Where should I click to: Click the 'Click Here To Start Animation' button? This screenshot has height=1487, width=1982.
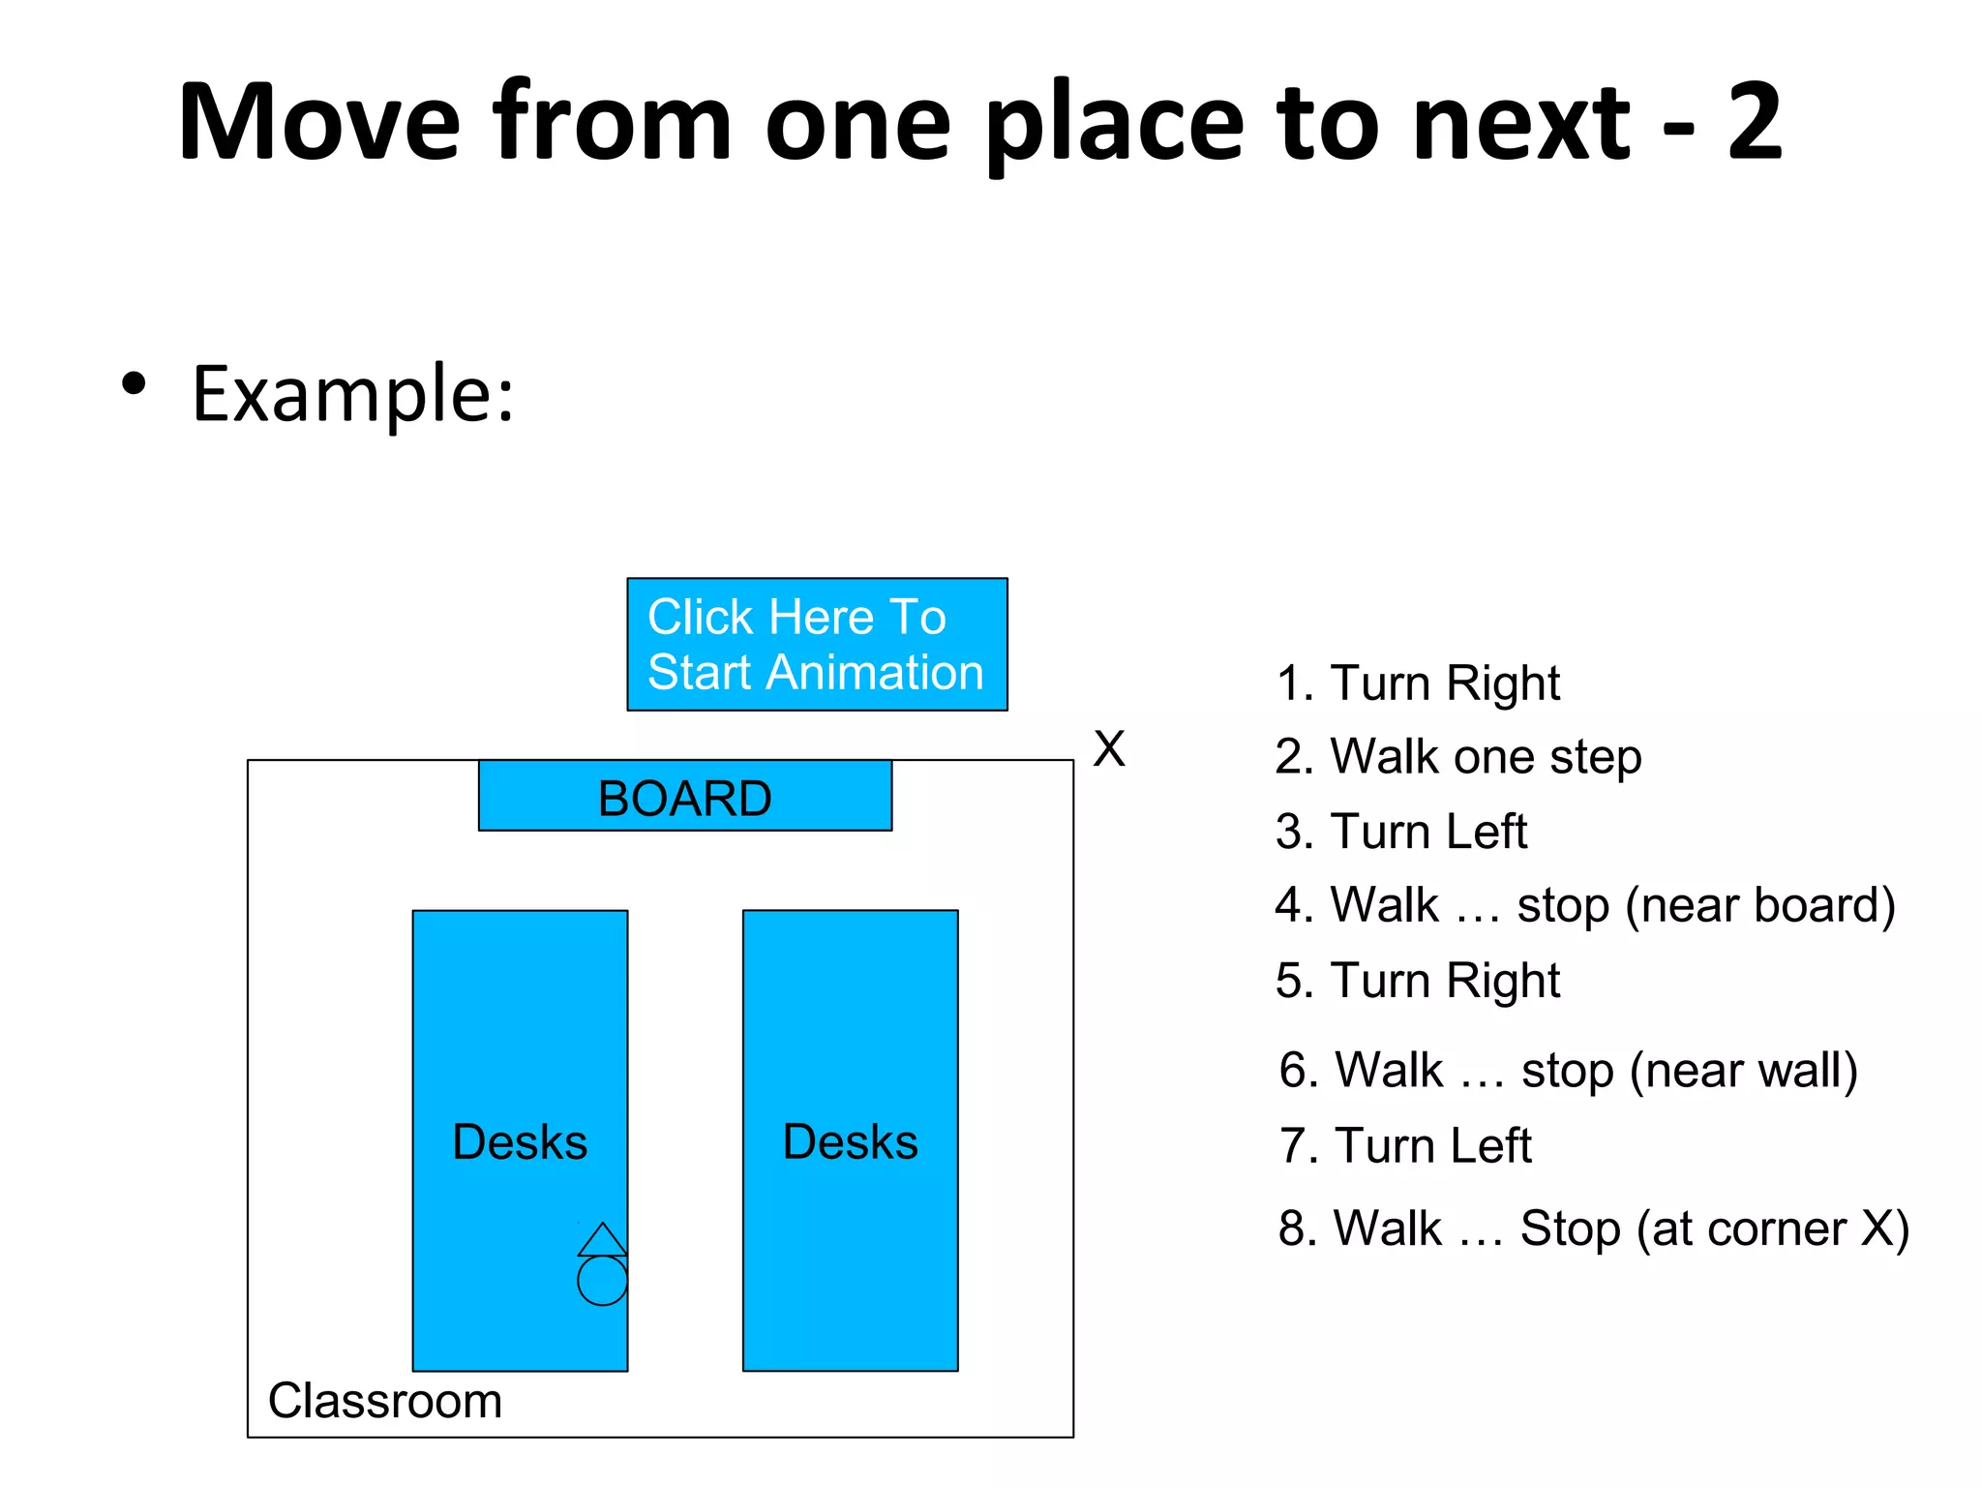(x=817, y=645)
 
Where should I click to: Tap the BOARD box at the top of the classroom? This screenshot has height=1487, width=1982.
(x=685, y=797)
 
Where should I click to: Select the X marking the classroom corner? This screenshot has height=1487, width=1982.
(x=1109, y=748)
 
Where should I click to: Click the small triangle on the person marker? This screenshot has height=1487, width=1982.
(x=602, y=1241)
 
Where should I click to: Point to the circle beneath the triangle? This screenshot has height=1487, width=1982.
(x=602, y=1281)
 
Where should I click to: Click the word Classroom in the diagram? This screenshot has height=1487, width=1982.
(x=385, y=1401)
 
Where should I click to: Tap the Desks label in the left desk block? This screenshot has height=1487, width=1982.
(x=520, y=1142)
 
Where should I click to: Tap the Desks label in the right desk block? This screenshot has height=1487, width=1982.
(x=850, y=1142)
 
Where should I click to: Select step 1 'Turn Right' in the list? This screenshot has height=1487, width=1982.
(x=1418, y=683)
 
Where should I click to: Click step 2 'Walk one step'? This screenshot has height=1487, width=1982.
(x=1458, y=757)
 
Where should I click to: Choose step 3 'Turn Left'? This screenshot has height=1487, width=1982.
(x=1401, y=832)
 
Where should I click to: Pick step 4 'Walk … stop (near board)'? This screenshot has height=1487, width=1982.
(x=1584, y=906)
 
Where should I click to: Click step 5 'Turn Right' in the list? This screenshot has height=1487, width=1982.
(x=1418, y=981)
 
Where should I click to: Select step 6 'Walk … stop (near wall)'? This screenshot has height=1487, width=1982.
(x=1568, y=1071)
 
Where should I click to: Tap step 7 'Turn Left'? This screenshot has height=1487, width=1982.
(x=1405, y=1146)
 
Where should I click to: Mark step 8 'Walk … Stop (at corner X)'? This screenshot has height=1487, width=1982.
(x=1593, y=1229)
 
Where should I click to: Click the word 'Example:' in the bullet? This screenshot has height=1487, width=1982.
(x=353, y=394)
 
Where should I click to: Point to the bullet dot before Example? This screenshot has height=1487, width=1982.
(x=134, y=383)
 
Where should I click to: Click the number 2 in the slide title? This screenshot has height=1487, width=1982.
(x=1754, y=122)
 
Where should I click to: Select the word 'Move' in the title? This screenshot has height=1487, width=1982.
(x=319, y=122)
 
